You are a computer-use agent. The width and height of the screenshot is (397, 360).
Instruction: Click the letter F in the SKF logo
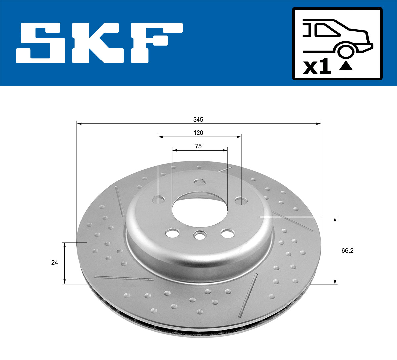point(155,43)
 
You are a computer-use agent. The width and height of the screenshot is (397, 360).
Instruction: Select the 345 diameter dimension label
point(198,119)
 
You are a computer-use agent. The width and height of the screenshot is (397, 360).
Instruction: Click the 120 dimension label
point(198,133)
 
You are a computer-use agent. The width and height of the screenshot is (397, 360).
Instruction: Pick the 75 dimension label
point(198,146)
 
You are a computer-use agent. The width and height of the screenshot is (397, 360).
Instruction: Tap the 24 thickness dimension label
point(55,263)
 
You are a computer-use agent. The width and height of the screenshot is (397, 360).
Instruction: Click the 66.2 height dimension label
point(347,251)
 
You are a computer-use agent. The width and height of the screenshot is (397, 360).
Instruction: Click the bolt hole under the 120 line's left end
point(158,199)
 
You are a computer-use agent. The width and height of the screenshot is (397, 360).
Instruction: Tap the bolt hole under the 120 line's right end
point(241,200)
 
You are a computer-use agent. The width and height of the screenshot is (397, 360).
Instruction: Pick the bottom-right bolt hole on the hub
point(227,233)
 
